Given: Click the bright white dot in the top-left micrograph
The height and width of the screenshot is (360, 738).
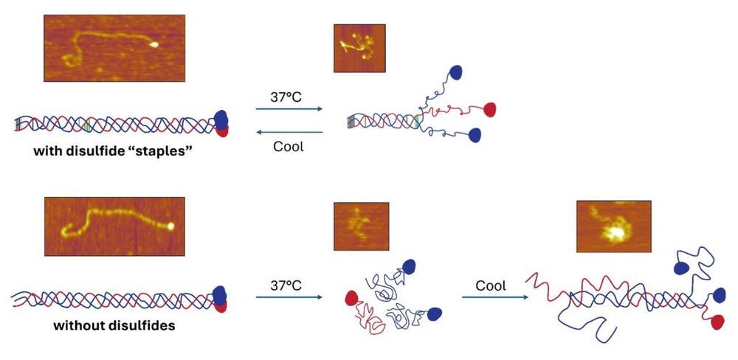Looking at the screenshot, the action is pyautogui.click(x=154, y=45).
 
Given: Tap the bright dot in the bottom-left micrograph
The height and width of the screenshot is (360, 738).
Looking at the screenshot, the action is pyautogui.click(x=170, y=226).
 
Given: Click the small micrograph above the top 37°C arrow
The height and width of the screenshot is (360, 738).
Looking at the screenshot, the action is pyautogui.click(x=359, y=48).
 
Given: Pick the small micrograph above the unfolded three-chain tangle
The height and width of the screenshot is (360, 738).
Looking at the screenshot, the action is pyautogui.click(x=361, y=226).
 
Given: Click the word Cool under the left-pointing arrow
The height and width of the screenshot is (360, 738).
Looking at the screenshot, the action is pyautogui.click(x=289, y=146).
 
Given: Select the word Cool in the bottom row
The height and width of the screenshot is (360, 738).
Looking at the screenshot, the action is pyautogui.click(x=491, y=285).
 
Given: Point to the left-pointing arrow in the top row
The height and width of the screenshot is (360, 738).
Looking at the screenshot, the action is pyautogui.click(x=289, y=132).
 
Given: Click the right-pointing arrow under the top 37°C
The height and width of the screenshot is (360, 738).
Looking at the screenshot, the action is pyautogui.click(x=289, y=108).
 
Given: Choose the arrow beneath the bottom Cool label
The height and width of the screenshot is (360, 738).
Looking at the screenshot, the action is pyautogui.click(x=495, y=297).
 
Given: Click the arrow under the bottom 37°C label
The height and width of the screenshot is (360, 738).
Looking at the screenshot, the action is pyautogui.click(x=289, y=297).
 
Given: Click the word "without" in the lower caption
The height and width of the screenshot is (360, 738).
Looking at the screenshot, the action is pyautogui.click(x=75, y=325).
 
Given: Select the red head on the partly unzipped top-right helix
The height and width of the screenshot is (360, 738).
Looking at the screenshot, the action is pyautogui.click(x=489, y=110).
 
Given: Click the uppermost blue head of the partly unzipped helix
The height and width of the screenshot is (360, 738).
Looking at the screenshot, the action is pyautogui.click(x=455, y=72).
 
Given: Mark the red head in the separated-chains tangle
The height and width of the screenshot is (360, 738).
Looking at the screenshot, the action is pyautogui.click(x=351, y=298).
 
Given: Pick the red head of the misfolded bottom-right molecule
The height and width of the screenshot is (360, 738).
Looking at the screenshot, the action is pyautogui.click(x=717, y=322).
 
